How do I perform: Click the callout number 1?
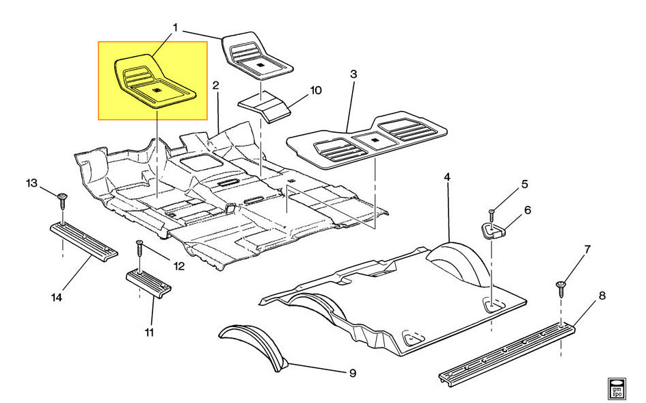click(176, 29)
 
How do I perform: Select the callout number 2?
click(215, 86)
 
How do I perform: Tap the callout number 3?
click(353, 73)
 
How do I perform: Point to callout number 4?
click(447, 177)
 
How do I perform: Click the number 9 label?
click(353, 373)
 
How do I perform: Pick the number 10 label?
click(316, 90)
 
